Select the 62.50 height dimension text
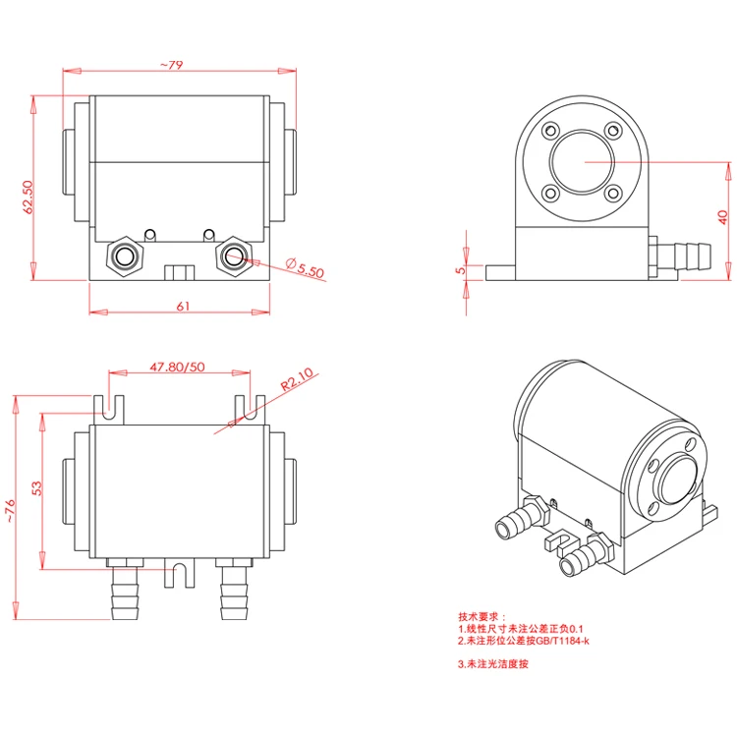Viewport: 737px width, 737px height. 28,196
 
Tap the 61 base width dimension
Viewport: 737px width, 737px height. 182,306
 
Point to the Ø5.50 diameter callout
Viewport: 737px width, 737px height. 306,267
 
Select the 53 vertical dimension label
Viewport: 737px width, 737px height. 36,488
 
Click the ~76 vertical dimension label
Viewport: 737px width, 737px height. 11,510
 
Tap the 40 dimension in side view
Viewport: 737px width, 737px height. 722,216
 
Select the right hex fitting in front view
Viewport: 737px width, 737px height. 233,256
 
